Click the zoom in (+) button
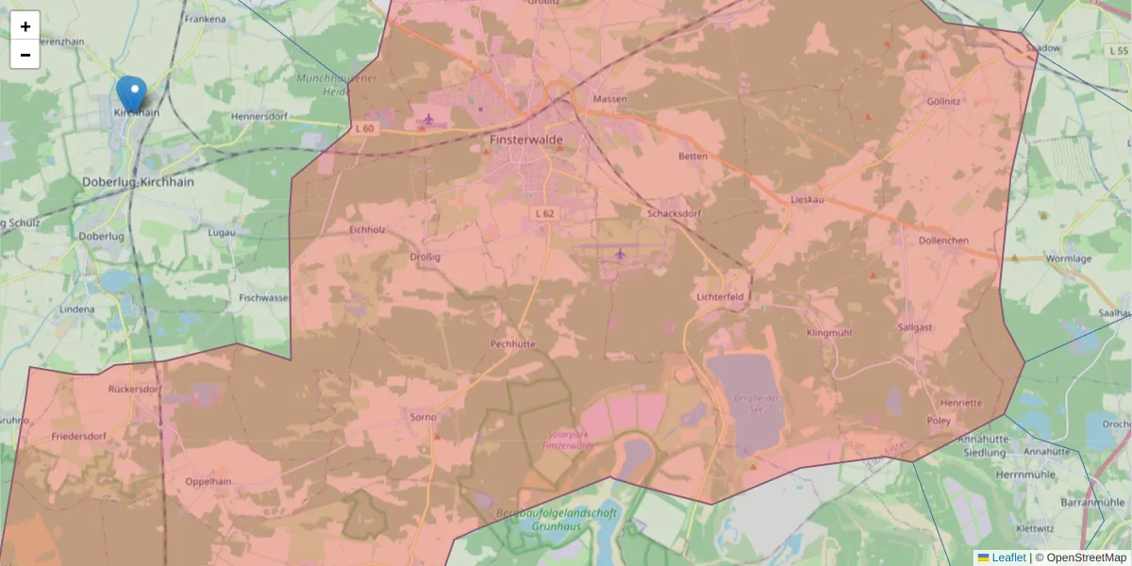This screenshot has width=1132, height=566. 25,26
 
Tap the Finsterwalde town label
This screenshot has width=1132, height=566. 526,140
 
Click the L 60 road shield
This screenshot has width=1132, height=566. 365,128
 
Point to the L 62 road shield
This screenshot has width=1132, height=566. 544,214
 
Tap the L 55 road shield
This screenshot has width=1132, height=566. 1120,50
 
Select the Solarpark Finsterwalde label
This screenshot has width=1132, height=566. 569,440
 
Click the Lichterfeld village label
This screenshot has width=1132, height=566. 720,296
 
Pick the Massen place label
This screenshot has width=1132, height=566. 609,99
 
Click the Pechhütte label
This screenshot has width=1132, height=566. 512,344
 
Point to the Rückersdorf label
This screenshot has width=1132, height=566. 135,389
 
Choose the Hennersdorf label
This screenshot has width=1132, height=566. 258,117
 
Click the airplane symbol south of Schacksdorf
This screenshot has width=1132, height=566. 620,254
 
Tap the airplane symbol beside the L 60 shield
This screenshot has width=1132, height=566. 429,119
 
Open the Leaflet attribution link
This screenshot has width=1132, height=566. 1008,558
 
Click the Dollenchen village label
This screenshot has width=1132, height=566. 943,241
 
